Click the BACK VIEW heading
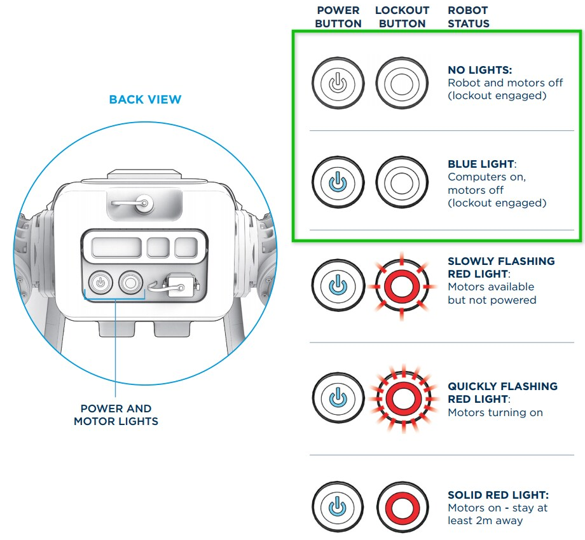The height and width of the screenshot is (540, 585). (145, 100)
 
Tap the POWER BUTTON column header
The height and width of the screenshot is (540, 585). (338, 17)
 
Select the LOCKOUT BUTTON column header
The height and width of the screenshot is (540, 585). (402, 17)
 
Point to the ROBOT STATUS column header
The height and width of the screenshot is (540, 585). (469, 17)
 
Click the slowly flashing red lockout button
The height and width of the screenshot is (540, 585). (401, 287)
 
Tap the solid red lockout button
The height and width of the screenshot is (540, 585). (401, 507)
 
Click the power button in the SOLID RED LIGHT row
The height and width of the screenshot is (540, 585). (338, 507)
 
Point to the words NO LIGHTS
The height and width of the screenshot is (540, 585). (480, 70)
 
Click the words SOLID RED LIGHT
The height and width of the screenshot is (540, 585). (497, 495)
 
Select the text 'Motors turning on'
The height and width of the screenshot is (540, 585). (495, 412)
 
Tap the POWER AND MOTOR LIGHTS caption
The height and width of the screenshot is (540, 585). (116, 414)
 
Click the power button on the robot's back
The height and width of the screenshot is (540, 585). (100, 281)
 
